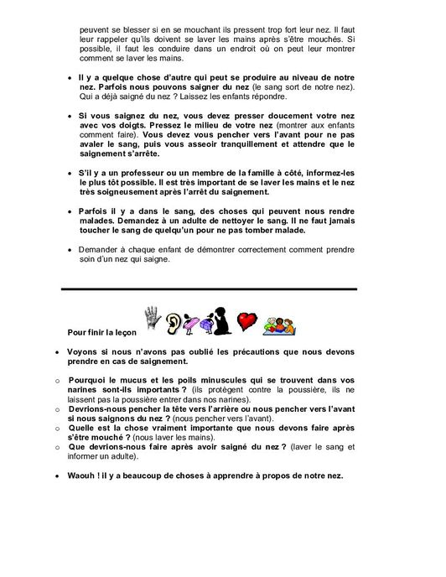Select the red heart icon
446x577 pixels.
[x=246, y=321]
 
